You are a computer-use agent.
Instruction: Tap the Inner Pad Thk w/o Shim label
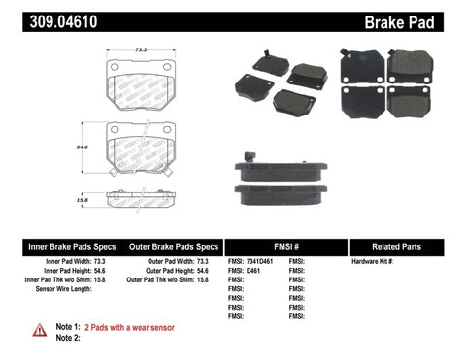pos(58,280)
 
